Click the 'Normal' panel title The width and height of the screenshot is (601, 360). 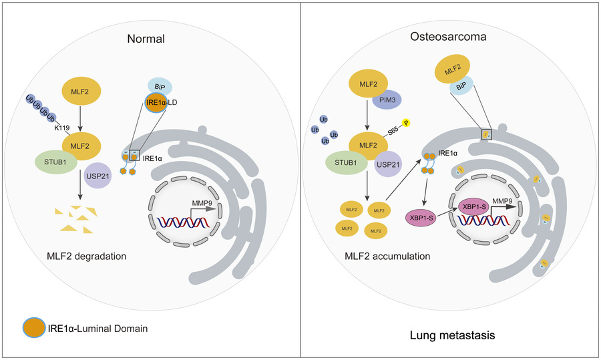[x=146, y=39]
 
